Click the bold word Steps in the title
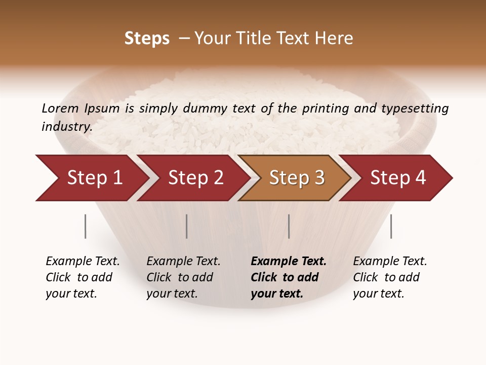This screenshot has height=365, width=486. point(147,39)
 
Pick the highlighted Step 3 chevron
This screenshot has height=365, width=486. point(297,178)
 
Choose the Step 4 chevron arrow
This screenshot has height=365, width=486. point(398,178)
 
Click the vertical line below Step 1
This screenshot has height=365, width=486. point(86,226)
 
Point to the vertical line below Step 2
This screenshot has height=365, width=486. point(187,226)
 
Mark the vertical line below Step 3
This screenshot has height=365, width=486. point(289,226)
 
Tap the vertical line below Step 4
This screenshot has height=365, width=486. point(391,226)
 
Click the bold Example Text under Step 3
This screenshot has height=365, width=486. point(289,262)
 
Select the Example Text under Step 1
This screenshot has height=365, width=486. point(83,262)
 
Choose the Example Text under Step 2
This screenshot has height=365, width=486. point(183,262)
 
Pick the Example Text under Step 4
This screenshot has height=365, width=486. point(390,262)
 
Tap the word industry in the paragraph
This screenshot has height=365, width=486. point(66,127)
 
